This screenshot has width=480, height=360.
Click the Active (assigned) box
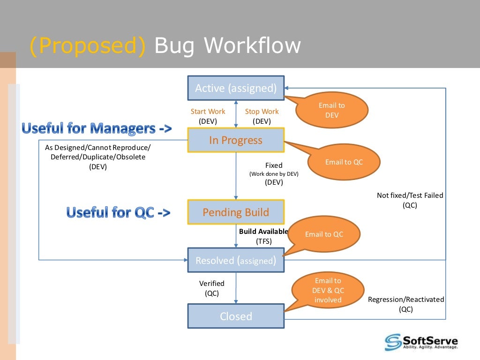click(236, 88)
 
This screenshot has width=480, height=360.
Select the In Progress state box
click(236, 140)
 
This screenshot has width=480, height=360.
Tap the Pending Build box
click(236, 212)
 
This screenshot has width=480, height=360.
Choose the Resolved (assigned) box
click(236, 260)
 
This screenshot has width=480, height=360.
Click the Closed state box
click(236, 316)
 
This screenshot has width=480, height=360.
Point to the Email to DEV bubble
click(332, 110)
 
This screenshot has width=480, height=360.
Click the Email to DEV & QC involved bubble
click(328, 290)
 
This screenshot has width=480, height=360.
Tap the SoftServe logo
click(421, 342)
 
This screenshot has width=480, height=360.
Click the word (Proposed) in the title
click(88, 45)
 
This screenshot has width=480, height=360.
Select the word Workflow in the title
click(252, 45)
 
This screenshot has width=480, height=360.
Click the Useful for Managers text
click(97, 128)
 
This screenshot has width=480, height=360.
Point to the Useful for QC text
click(118, 212)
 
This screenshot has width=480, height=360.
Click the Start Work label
click(208, 112)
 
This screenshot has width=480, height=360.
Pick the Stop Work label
click(262, 112)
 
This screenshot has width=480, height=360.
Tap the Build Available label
click(263, 232)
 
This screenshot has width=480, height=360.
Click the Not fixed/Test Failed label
click(410, 195)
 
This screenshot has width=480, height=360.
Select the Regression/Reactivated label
click(406, 300)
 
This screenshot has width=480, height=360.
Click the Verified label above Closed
click(212, 284)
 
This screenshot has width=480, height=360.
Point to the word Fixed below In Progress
click(274, 165)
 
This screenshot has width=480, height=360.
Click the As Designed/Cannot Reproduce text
click(98, 148)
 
